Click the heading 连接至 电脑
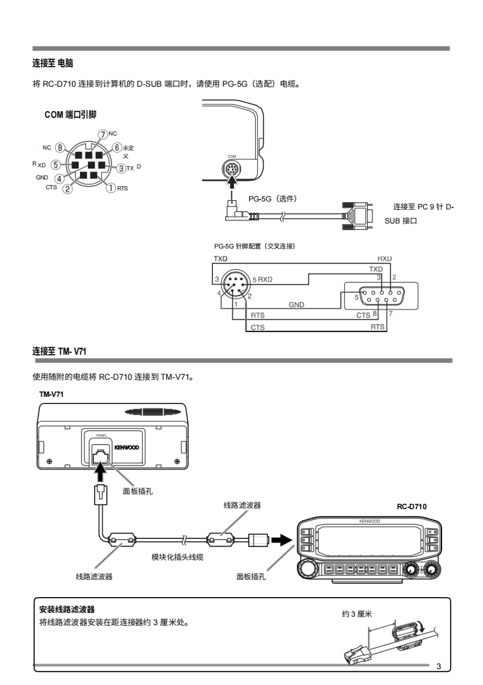(x=53, y=63)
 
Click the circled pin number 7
(x=103, y=134)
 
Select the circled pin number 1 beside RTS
(x=111, y=188)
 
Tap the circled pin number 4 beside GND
(x=59, y=178)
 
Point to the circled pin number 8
(x=60, y=148)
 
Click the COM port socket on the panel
(x=231, y=168)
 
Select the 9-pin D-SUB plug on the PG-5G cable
(x=358, y=215)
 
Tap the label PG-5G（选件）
(x=273, y=199)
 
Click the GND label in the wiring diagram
(x=296, y=305)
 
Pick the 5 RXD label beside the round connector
(x=263, y=280)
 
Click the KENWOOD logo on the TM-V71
(x=127, y=448)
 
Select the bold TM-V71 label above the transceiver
(x=51, y=394)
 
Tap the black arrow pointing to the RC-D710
(x=281, y=540)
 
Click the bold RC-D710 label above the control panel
(x=412, y=507)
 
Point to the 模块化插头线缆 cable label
(x=178, y=557)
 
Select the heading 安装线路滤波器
(x=67, y=609)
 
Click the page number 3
(x=439, y=667)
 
